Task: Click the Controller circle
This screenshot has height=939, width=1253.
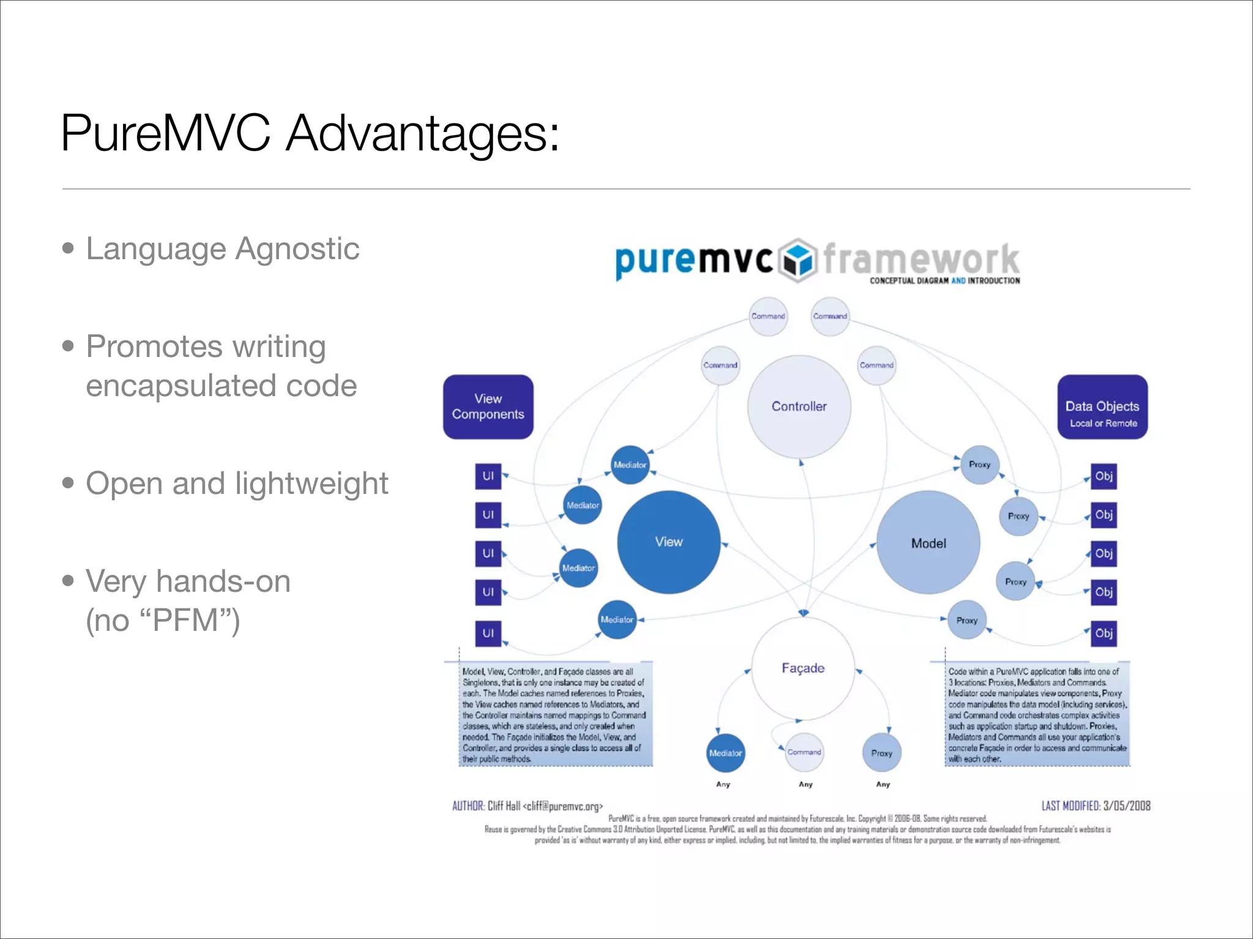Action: [x=799, y=407]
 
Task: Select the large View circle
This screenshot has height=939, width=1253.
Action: [x=669, y=542]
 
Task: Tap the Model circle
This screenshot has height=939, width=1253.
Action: [x=928, y=543]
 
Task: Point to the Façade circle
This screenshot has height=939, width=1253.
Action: [x=803, y=668]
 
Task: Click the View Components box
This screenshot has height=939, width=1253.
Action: [x=488, y=407]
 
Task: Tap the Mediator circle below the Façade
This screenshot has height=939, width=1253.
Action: [x=725, y=753]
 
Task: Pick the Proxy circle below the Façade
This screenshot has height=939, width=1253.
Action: [x=882, y=753]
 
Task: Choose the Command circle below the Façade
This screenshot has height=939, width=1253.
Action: [x=804, y=752]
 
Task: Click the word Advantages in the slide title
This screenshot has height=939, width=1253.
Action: [x=422, y=133]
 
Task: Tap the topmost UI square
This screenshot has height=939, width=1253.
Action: [x=488, y=476]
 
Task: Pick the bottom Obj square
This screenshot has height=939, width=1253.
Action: [x=1104, y=633]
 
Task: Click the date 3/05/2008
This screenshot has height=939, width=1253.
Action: [x=1126, y=806]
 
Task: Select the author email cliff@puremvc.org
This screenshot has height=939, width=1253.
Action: [x=563, y=806]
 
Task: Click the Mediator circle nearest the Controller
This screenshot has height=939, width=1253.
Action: [x=630, y=465]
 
